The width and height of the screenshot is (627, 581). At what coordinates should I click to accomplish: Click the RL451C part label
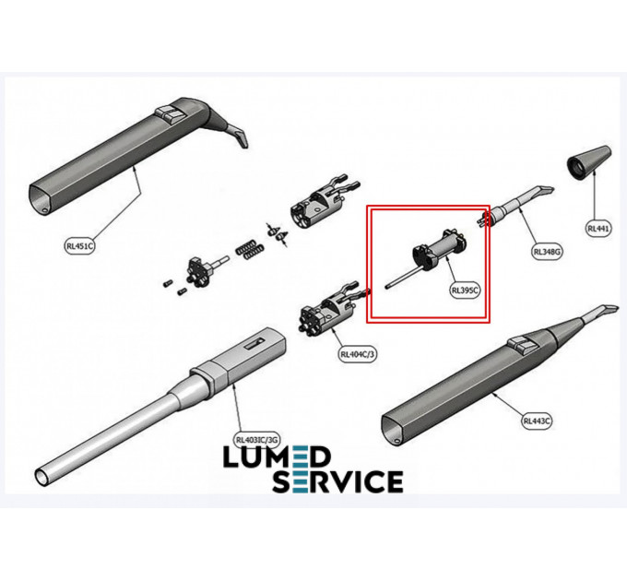point(79,246)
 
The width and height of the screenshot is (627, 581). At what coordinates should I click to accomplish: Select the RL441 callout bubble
point(598,229)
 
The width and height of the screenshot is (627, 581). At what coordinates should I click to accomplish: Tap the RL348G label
point(548,252)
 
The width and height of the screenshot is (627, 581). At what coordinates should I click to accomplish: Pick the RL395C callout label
point(465,290)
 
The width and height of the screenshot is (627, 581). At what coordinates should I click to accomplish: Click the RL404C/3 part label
point(358,354)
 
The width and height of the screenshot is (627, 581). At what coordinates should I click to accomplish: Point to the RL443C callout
point(537,421)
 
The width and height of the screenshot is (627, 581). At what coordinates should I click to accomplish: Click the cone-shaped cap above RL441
point(589,162)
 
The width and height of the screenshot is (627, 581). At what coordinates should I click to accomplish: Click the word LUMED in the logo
point(277,457)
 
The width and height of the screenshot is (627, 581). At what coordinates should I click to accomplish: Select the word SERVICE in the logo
point(337,481)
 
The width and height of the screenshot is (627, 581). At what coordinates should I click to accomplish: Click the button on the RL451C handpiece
point(171,113)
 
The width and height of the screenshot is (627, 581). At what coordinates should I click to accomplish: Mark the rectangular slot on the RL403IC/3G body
point(254,344)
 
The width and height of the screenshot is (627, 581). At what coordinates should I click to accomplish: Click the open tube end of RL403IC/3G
point(42,477)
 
